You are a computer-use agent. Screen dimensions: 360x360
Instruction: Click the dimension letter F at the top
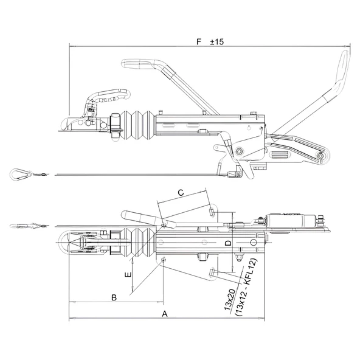coord(199,42)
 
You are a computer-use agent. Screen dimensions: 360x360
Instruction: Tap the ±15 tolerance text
coord(216,42)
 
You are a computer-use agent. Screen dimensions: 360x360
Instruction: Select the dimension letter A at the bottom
coord(165,314)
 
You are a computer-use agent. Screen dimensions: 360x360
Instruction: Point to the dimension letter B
coord(114,297)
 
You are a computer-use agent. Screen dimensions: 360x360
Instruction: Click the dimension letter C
coord(181,192)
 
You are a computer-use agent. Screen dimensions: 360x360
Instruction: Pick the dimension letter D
coord(228,243)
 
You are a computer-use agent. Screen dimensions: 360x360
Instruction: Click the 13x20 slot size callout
coord(230,300)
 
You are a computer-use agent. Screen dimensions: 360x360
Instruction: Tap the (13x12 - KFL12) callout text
coord(246,288)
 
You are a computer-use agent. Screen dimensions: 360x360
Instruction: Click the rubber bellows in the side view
coord(137,125)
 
